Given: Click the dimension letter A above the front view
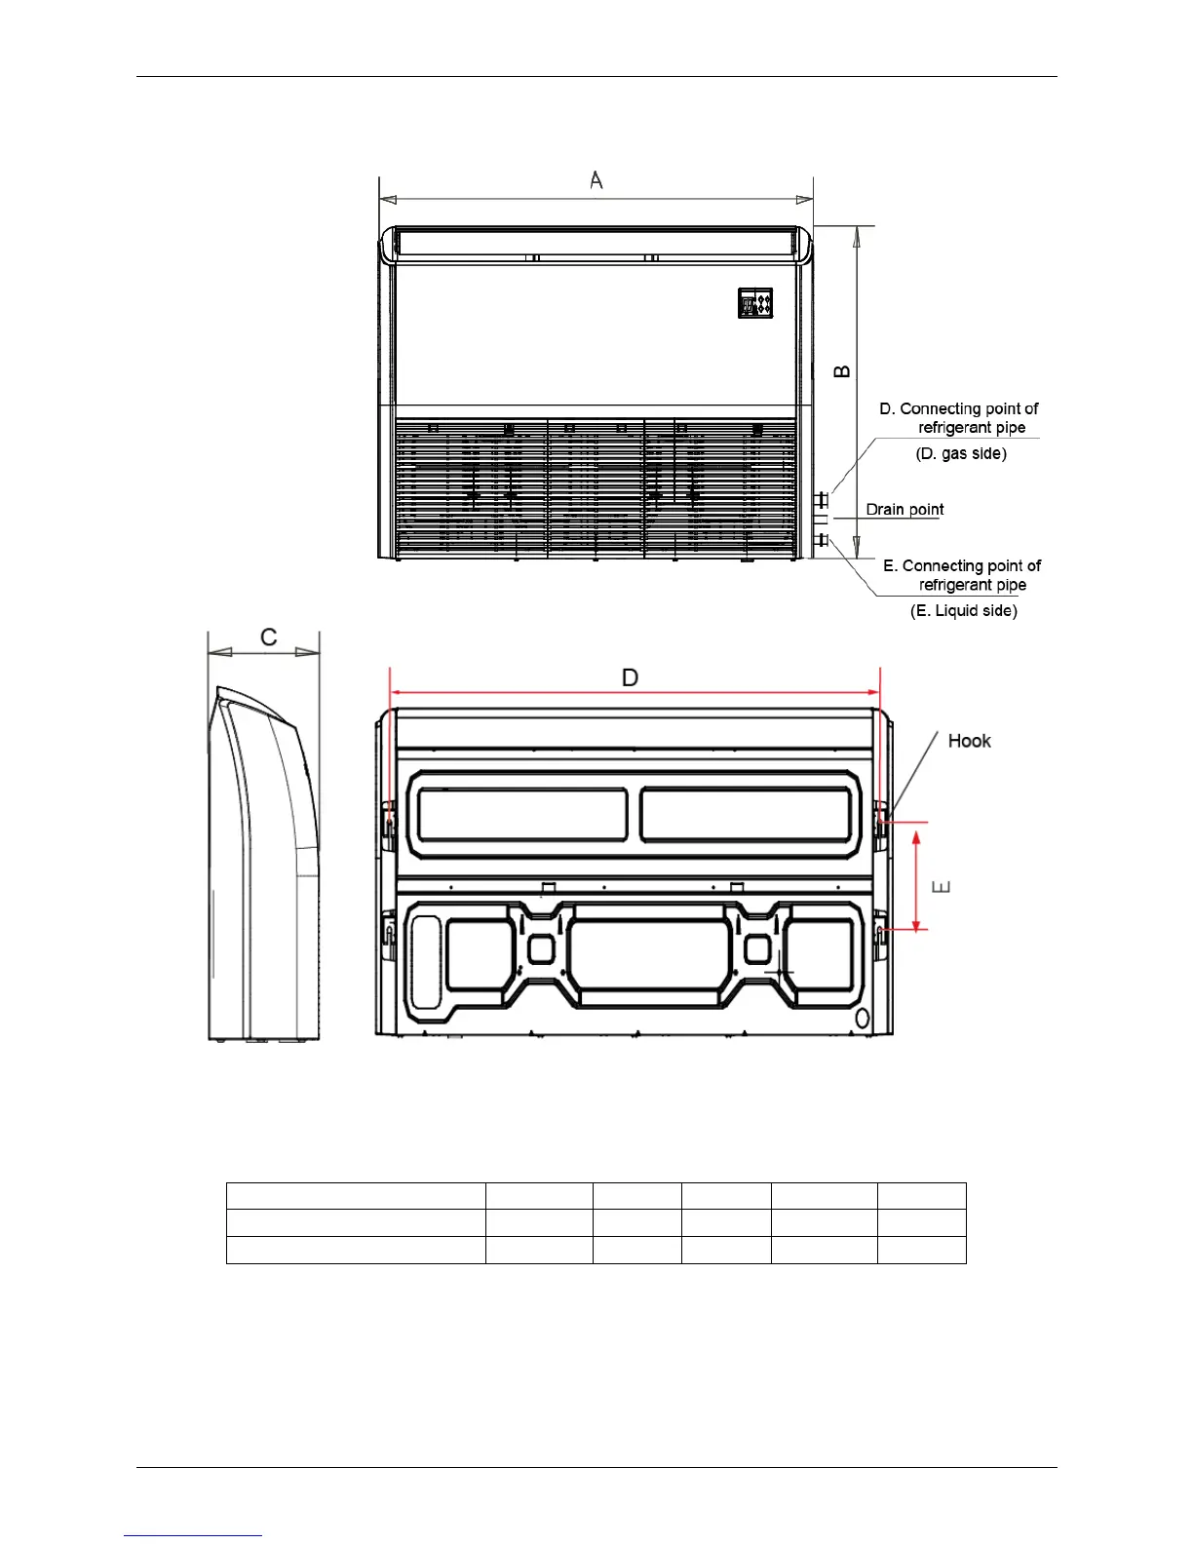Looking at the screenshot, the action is pyautogui.click(x=596, y=179).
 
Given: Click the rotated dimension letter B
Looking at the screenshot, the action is pyautogui.click(x=841, y=371).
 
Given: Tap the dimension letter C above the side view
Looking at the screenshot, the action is pyautogui.click(x=269, y=637).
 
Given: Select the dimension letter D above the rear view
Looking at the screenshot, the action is pyautogui.click(x=631, y=677).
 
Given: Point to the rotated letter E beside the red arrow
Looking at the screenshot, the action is pyautogui.click(x=941, y=887).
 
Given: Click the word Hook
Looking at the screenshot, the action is pyautogui.click(x=969, y=741).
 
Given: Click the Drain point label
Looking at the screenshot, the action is pyautogui.click(x=904, y=510).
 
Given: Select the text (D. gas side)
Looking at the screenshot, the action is pyautogui.click(x=961, y=453).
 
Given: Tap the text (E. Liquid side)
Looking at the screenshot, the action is pyautogui.click(x=964, y=610).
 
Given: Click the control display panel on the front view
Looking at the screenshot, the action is pyautogui.click(x=755, y=303).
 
